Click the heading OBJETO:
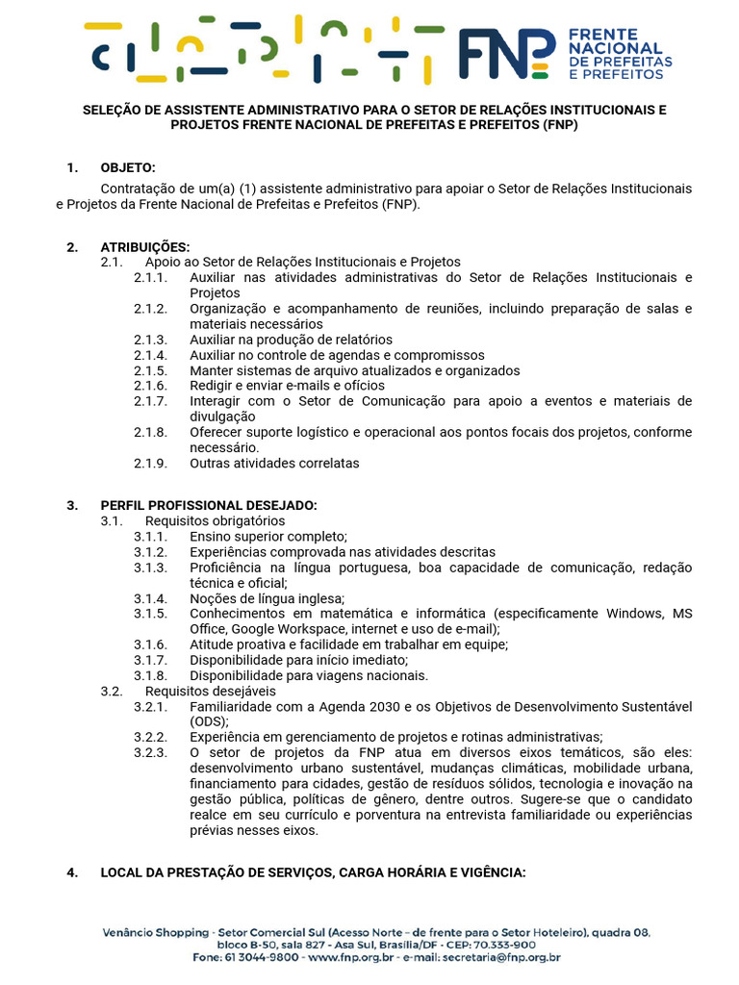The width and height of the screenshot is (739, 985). pos(128,168)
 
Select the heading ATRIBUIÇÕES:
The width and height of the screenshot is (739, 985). pos(145,247)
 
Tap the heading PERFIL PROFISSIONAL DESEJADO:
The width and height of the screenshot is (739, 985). pos(209,506)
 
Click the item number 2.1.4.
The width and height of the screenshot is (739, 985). pos(150,355)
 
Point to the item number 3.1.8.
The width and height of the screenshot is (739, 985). pos(150,675)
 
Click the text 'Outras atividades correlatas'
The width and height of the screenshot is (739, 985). pos(274,463)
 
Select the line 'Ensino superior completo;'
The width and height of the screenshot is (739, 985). pos(268,537)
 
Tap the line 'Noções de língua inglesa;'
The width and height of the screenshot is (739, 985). pos(267,598)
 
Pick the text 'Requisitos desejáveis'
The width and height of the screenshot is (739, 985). pos(210,691)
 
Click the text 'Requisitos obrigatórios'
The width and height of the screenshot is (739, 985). pos(216,521)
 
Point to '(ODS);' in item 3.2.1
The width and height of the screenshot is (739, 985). pos(209,721)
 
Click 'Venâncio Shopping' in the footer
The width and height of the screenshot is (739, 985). pos(155,932)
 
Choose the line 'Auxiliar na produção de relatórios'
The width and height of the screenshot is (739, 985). pos(291,340)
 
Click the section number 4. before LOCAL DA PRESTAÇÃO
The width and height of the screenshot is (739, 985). pos(72,872)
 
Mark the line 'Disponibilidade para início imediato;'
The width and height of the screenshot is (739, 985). pos(299,660)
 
